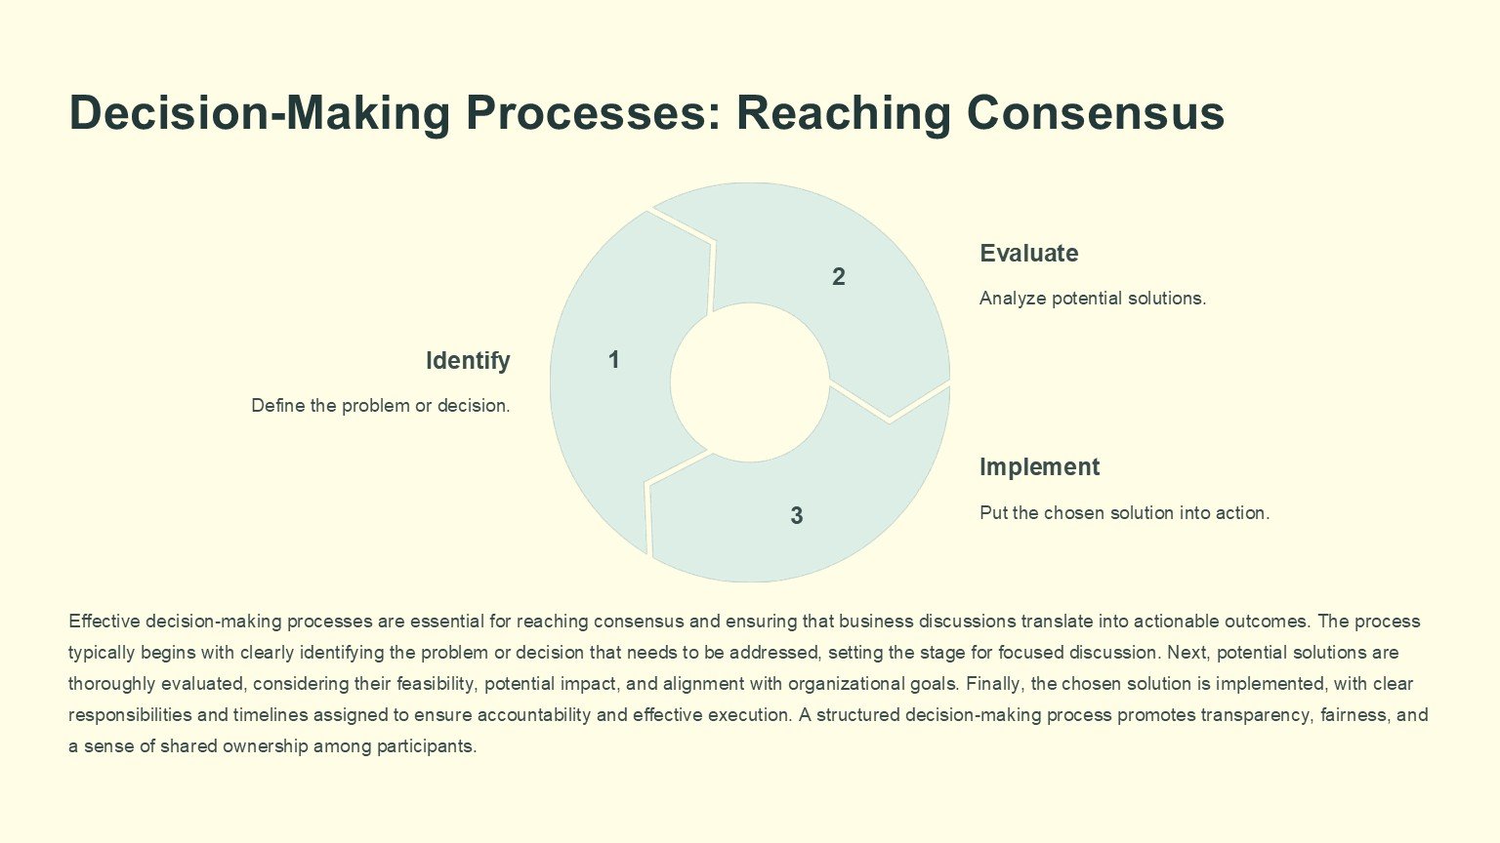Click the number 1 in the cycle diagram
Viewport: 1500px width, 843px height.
(613, 360)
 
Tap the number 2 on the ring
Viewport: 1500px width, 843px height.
(838, 277)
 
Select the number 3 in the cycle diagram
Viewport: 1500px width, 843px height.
(796, 515)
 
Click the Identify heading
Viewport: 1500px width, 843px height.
(468, 361)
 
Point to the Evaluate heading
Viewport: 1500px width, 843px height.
(1028, 254)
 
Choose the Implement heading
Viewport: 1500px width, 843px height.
(1039, 467)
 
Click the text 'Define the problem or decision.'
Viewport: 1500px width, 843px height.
(380, 406)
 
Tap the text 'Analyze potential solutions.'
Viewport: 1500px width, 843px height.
(1092, 299)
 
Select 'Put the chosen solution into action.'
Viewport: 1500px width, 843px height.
(1124, 513)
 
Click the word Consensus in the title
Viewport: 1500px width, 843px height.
(1095, 113)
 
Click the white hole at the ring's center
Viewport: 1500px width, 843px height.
(749, 382)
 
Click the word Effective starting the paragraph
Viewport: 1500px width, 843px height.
(104, 622)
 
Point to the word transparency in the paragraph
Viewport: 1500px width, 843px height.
(1254, 715)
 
